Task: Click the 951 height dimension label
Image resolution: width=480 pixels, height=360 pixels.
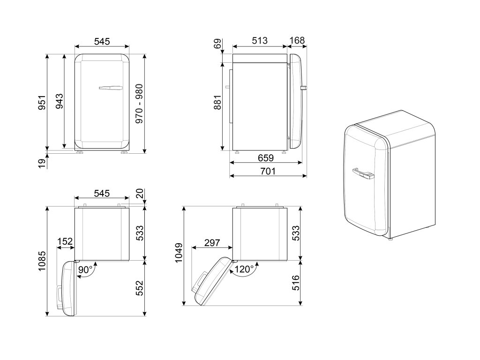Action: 42,102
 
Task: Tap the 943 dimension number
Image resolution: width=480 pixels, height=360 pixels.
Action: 59,101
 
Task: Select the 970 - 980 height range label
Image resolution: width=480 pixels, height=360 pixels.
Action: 139,104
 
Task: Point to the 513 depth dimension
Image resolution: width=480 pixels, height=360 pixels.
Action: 260,40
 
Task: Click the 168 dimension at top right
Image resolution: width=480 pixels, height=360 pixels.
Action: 297,40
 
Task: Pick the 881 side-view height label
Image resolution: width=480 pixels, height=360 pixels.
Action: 217,103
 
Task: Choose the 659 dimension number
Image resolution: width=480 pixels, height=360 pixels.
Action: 265,157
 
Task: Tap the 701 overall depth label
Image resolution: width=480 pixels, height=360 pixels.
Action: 268,171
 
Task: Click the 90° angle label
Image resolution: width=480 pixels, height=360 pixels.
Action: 85,270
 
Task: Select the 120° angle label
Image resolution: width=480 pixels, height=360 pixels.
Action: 244,269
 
